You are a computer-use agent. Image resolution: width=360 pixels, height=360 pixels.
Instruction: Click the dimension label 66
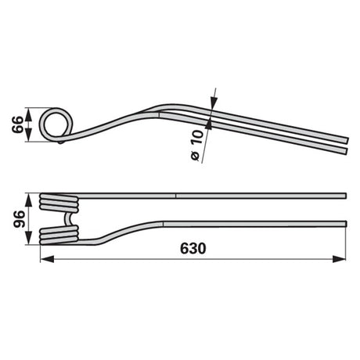coord(18,124)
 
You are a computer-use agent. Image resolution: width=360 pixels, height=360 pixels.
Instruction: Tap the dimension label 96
coord(20,219)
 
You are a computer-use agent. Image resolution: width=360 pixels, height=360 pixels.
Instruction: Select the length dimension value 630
coord(193,248)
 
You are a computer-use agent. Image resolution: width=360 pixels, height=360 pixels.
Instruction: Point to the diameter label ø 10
coord(196,145)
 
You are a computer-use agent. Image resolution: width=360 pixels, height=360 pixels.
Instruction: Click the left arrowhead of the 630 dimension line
coord(48,259)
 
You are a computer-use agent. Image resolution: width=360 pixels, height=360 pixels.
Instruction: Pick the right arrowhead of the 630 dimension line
coord(339,259)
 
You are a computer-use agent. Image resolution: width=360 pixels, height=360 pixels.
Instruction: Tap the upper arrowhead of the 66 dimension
coord(28,114)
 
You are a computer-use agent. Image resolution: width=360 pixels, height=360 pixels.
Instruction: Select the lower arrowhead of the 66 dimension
coord(28,135)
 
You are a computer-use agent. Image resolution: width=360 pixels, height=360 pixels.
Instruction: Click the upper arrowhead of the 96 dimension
coord(28,200)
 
